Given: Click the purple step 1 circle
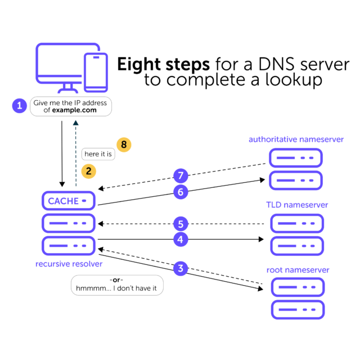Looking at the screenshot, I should coord(20,106).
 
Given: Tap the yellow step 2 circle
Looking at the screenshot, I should coord(87,170).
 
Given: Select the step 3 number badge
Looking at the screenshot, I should coord(180,268).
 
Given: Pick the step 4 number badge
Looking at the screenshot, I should coord(180,239).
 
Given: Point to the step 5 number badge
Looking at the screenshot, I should coord(180,224).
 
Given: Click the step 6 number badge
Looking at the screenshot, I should coord(180,192).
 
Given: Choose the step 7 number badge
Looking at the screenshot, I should coord(180,174).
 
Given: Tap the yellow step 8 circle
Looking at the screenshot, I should coord(123,145).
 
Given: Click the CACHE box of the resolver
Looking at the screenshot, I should coord(67,201).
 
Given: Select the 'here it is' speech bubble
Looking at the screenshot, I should coord(98,154).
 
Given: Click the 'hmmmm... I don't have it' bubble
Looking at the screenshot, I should coord(117,285).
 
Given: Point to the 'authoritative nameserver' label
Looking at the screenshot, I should coord(296,139).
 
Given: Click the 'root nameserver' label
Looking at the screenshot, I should coord(298,270).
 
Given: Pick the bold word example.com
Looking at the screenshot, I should coord(74,111).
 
